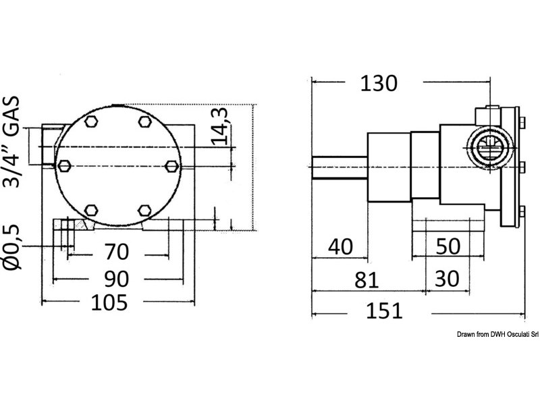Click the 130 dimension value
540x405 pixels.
pyautogui.click(x=379, y=83)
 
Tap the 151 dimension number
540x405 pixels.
pyautogui.click(x=384, y=310)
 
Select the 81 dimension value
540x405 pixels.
pyautogui.click(x=367, y=279)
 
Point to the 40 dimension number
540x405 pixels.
pyautogui.click(x=341, y=246)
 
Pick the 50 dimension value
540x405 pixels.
pyautogui.click(x=448, y=246)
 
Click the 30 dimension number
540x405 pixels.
pyautogui.click(x=447, y=279)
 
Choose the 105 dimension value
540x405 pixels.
pyautogui.click(x=109, y=302)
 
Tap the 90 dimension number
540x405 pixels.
pyautogui.click(x=116, y=279)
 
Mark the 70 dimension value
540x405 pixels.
pyautogui.click(x=117, y=251)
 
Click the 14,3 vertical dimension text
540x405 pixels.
pyautogui.click(x=219, y=126)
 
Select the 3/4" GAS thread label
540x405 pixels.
pyautogui.click(x=11, y=142)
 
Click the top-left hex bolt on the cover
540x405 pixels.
pyautogui.click(x=91, y=122)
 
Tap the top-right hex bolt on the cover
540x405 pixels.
pyautogui.click(x=145, y=122)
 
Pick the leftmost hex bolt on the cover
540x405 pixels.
pyautogui.click(x=64, y=166)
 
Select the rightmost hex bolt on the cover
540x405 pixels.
pyautogui.click(x=172, y=166)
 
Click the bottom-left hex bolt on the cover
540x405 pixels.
pyautogui.click(x=91, y=210)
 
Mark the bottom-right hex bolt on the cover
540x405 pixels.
pyautogui.click(x=144, y=210)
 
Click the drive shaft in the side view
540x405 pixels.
pyautogui.click(x=340, y=167)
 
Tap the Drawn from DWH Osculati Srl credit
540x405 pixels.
pyautogui.click(x=497, y=334)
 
